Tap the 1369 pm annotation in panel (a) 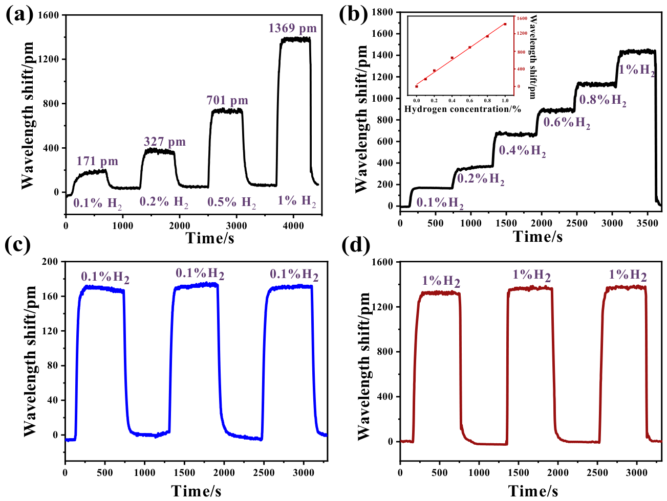(x=292, y=28)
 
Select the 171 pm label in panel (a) (x=97, y=161)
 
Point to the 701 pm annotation (x=227, y=100)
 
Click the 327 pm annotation (x=164, y=142)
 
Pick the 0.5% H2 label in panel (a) (x=231, y=202)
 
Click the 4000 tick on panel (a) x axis (x=293, y=225)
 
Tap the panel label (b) (x=353, y=14)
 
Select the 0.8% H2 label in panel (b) (x=603, y=100)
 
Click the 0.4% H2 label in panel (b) (x=522, y=150)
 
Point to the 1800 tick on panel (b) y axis (x=386, y=12)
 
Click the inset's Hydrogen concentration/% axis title (x=462, y=109)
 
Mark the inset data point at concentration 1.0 (x=505, y=24)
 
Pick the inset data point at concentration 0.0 (x=417, y=86)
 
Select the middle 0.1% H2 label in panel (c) (x=200, y=274)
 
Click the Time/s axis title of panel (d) (x=533, y=491)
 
